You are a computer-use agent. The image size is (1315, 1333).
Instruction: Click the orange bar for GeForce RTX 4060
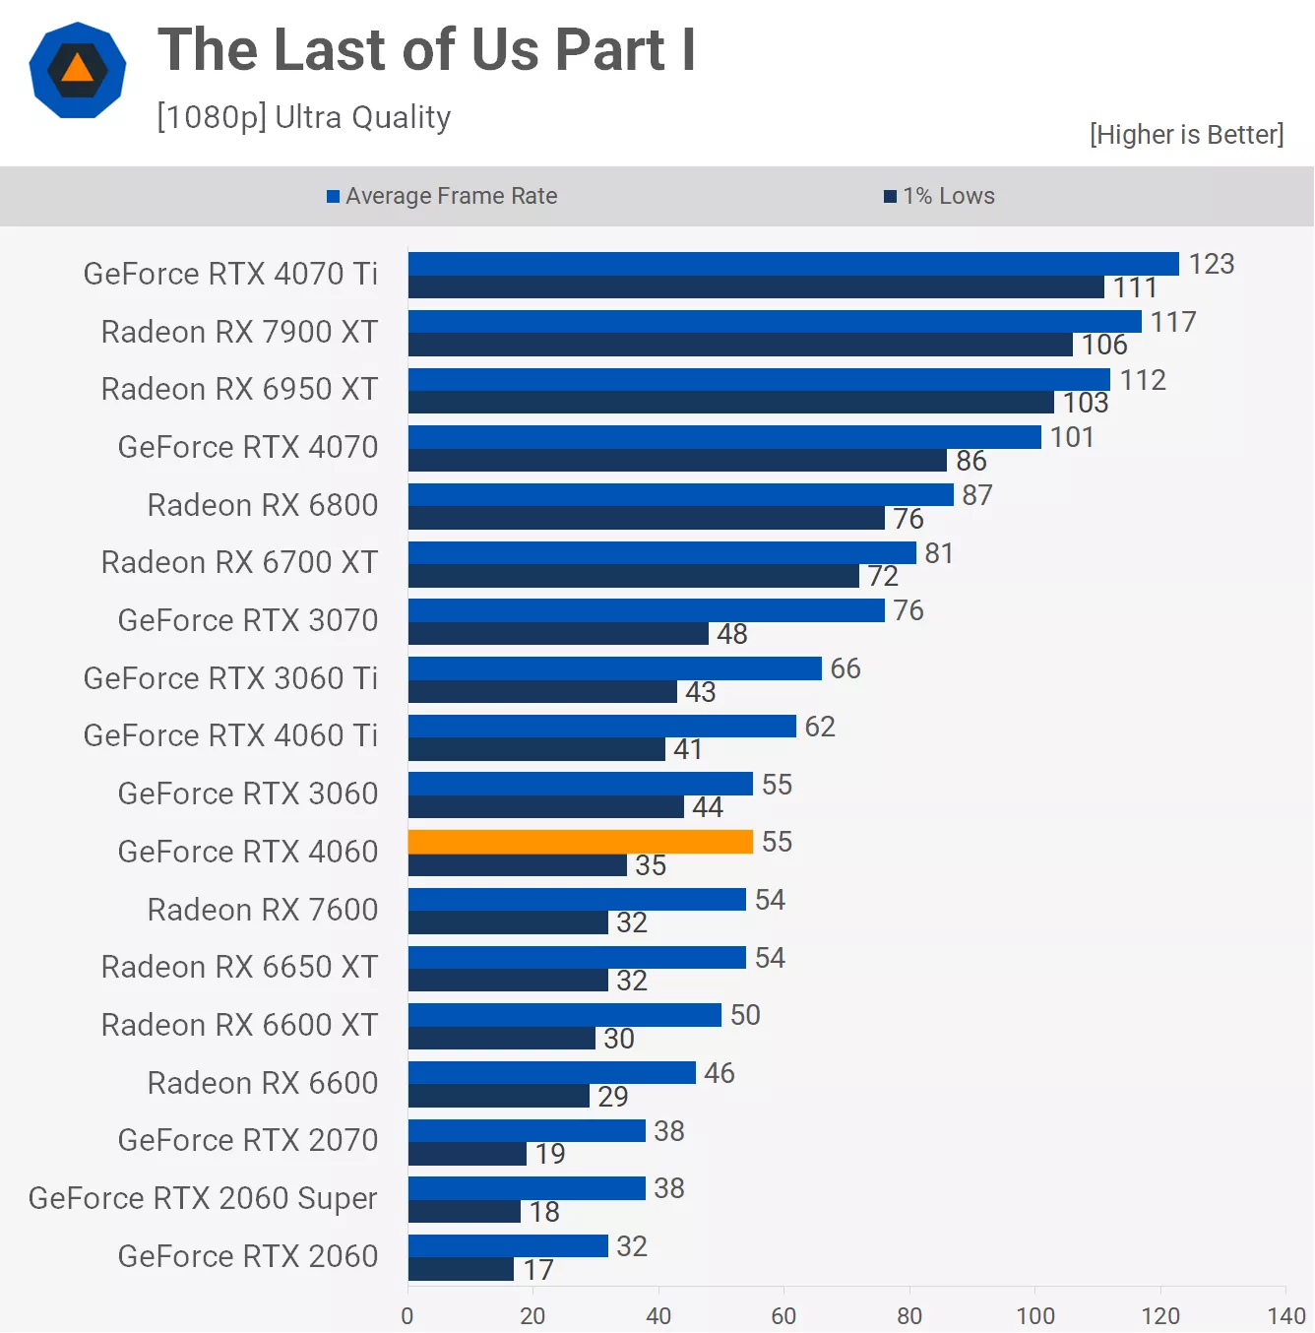[x=580, y=842]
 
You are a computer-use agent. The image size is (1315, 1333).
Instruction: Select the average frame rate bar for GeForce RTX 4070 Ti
[x=792, y=264]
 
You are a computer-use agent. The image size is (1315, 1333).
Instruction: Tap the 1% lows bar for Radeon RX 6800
[x=646, y=518]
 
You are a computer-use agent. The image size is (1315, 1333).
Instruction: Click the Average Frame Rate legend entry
[x=442, y=196]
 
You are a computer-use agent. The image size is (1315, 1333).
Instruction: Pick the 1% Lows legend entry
[x=940, y=196]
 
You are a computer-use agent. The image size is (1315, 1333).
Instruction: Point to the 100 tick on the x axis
[x=1035, y=1315]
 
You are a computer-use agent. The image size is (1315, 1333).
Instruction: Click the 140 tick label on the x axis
[x=1286, y=1315]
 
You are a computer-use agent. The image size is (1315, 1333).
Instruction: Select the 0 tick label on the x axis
[x=407, y=1315]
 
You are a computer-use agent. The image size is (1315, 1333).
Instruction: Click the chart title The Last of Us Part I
[x=426, y=50]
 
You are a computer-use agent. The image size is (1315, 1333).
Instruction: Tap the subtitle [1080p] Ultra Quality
[x=303, y=117]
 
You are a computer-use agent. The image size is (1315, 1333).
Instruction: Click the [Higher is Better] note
[x=1186, y=134]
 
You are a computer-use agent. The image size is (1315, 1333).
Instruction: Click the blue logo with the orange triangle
[x=78, y=70]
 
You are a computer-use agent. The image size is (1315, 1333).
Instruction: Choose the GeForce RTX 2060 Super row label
[x=203, y=1198]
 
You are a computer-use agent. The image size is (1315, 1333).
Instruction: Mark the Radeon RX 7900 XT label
[x=239, y=332]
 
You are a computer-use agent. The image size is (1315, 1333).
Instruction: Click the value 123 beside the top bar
[x=1211, y=264]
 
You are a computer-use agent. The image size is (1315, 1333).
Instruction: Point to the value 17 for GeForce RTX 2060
[x=537, y=1270]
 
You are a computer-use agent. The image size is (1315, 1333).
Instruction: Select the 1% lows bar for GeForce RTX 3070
[x=558, y=634]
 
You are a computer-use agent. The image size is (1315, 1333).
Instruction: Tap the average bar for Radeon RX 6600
[x=551, y=1073]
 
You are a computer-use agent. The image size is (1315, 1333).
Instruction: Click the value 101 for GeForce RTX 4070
[x=1072, y=437]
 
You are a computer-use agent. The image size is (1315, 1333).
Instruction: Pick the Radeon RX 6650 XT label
[x=239, y=967]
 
